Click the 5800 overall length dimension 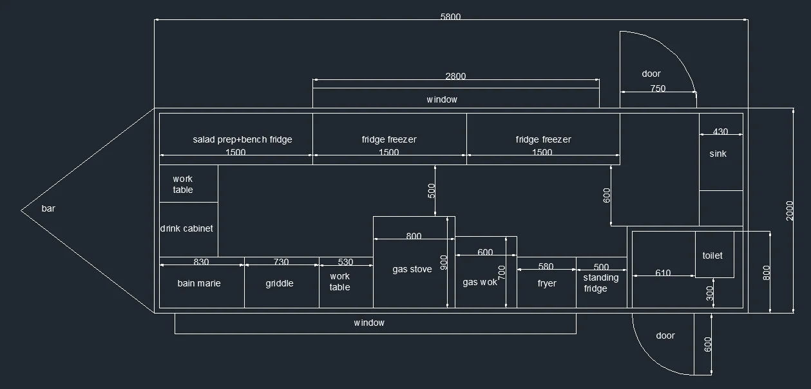pyautogui.click(x=450, y=17)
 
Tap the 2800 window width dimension pyautogui.click(x=455, y=76)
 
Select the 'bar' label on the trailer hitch pyautogui.click(x=48, y=208)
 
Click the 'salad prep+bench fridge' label pyautogui.click(x=242, y=139)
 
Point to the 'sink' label pyautogui.click(x=718, y=154)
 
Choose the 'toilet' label pyautogui.click(x=712, y=255)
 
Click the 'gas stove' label pyautogui.click(x=412, y=270)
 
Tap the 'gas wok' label pyautogui.click(x=480, y=282)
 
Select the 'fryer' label pyautogui.click(x=547, y=283)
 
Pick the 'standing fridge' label pyautogui.click(x=600, y=283)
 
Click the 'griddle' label pyautogui.click(x=280, y=283)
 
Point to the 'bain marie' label pyautogui.click(x=199, y=283)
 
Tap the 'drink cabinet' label pyautogui.click(x=186, y=228)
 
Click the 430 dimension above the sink pyautogui.click(x=720, y=131)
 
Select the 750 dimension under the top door pyautogui.click(x=658, y=88)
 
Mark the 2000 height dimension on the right pyautogui.click(x=790, y=211)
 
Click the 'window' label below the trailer pyautogui.click(x=369, y=323)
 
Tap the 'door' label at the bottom pyautogui.click(x=665, y=335)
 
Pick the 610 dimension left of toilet pyautogui.click(x=663, y=273)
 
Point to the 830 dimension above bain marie pyautogui.click(x=201, y=261)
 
